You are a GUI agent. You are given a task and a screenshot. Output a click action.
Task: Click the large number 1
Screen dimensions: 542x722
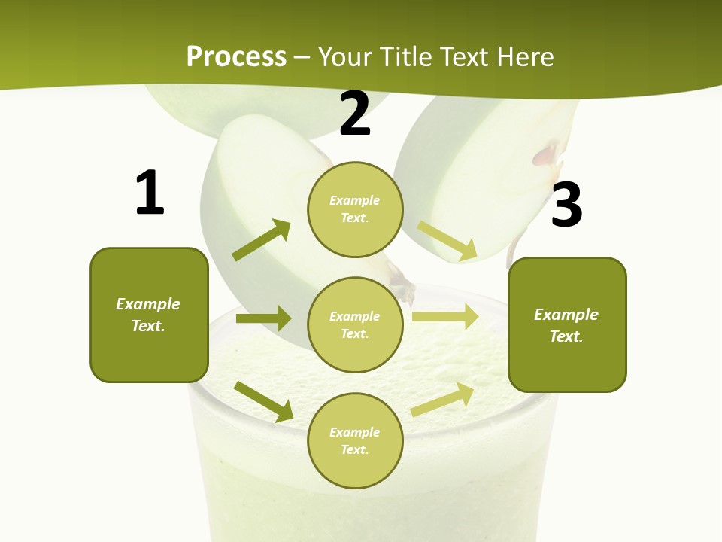150,193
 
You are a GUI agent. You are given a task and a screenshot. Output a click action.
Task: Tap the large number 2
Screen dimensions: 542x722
355,114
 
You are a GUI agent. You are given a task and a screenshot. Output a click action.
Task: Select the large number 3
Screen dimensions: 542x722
566,206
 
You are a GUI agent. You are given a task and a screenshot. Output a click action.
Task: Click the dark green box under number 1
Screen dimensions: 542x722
149,315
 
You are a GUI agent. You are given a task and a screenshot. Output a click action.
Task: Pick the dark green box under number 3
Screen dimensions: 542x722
567,325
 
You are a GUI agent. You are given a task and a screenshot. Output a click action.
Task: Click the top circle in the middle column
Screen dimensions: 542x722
355,209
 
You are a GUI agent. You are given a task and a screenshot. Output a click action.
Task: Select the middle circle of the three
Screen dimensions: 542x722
355,324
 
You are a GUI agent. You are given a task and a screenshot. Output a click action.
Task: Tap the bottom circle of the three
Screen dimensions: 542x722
355,440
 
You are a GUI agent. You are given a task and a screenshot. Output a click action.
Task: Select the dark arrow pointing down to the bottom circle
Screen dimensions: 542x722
264,401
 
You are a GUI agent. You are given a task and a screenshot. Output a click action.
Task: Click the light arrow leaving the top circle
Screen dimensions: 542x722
447,241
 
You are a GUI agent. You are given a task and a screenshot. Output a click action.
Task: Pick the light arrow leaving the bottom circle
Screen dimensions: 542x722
442,399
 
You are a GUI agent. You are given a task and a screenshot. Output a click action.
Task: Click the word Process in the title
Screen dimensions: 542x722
236,56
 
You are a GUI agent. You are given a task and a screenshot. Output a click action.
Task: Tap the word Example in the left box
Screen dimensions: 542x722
148,304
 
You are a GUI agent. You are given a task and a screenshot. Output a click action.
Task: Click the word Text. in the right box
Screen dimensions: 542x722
566,336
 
